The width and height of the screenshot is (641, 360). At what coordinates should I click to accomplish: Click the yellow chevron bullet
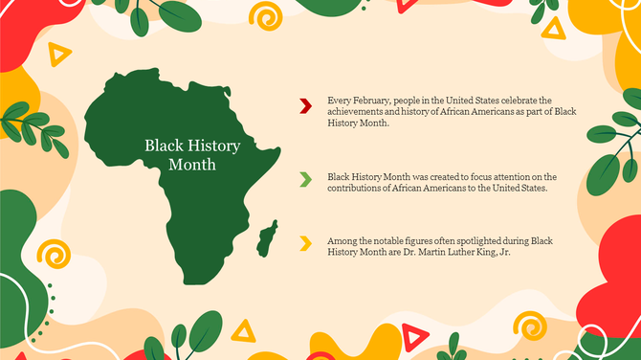pyautogui.click(x=305, y=243)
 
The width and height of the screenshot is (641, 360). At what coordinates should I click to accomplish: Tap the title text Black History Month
pyautogui.click(x=192, y=154)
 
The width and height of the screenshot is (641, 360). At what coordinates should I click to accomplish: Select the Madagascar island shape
pyautogui.click(x=269, y=237)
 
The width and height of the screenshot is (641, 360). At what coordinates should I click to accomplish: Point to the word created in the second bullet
pyautogui.click(x=447, y=176)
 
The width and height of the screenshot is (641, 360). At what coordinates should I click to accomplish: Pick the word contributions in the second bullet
pyautogui.click(x=358, y=188)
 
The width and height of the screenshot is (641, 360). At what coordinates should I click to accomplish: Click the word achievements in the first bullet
pyautogui.click(x=356, y=112)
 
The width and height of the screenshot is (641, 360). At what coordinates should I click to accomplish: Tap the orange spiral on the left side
pyautogui.click(x=53, y=256)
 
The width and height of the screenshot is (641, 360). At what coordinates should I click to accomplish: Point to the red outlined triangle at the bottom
pyautogui.click(x=413, y=336)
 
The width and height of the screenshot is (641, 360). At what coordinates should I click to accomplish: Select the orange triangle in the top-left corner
pyautogui.click(x=60, y=56)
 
